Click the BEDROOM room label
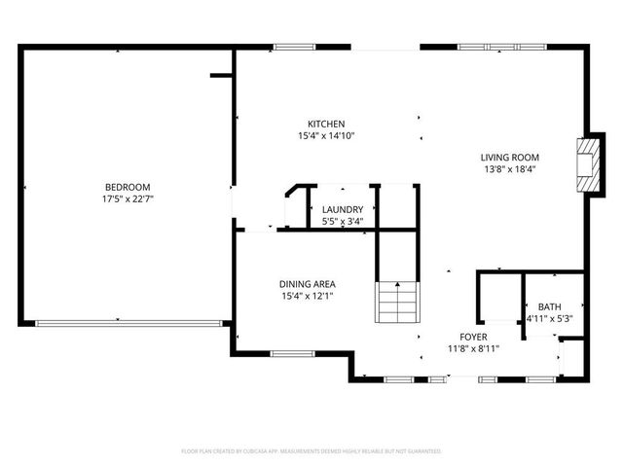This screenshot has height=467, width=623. point(128,187)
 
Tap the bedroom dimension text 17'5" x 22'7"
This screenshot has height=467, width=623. point(128,199)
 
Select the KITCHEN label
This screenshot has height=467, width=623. point(326,124)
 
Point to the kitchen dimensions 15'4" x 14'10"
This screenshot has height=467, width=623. point(326,136)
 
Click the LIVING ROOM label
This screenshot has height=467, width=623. point(509,157)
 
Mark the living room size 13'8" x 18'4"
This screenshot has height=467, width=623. point(509,169)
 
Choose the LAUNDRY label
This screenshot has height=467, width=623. point(343,209)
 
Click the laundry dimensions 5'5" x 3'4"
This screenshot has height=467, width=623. point(343,221)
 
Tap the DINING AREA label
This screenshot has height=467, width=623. point(308,284)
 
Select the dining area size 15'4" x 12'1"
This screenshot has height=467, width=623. point(308,296)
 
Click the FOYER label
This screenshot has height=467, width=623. point(473,337)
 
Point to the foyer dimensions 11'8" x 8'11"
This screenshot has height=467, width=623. point(473,348)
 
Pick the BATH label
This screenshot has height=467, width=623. point(549,306)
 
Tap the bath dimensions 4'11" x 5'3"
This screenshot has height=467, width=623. point(549,318)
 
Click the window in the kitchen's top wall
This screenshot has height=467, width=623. point(289,46)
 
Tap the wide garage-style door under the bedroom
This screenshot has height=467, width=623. point(128,323)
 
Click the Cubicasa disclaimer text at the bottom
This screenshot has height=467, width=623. point(311,451)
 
